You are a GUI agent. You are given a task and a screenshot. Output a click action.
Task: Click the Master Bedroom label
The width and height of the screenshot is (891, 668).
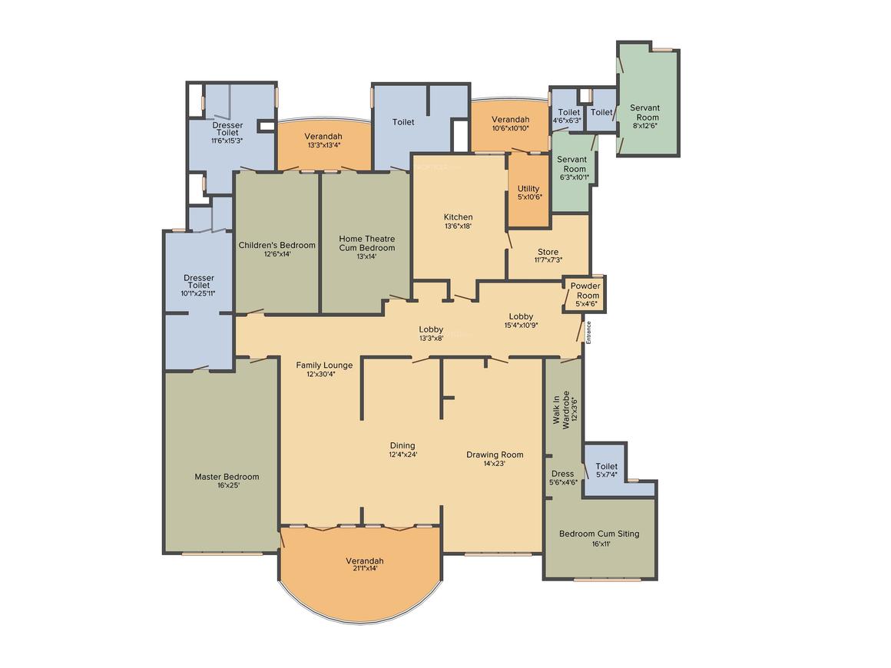click(227, 477)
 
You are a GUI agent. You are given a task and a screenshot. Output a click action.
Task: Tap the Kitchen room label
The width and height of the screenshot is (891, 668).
click(458, 217)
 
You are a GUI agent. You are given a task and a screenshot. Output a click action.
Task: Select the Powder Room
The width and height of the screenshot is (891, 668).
click(585, 294)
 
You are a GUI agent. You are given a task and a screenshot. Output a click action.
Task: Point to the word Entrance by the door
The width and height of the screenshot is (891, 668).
click(588, 332)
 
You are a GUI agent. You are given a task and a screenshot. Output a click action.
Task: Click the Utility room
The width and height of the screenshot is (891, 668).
click(528, 190)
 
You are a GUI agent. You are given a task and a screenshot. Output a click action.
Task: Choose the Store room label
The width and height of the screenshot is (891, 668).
click(548, 252)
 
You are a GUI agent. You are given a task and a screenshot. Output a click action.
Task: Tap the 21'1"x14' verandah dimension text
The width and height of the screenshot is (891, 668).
click(365, 569)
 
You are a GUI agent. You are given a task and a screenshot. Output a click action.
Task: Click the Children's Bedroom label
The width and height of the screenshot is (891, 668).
click(277, 246)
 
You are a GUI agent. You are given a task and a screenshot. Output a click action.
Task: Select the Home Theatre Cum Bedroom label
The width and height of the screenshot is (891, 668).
click(366, 243)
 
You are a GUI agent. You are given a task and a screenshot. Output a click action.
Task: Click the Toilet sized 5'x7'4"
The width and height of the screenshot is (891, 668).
click(606, 469)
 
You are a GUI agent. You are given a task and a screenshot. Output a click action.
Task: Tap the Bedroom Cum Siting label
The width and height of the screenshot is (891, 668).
click(599, 534)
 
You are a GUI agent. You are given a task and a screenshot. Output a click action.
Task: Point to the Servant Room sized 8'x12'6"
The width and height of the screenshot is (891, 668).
click(648, 99)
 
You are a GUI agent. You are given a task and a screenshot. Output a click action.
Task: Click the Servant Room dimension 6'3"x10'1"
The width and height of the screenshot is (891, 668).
click(575, 178)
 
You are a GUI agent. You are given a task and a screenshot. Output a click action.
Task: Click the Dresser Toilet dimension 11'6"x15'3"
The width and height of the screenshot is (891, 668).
click(227, 141)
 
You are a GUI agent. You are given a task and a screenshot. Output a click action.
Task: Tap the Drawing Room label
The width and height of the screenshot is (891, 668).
click(495, 455)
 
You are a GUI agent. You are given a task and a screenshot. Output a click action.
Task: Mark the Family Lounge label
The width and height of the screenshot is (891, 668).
click(324, 365)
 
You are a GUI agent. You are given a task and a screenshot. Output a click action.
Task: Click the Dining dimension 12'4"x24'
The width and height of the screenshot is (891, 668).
click(403, 455)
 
